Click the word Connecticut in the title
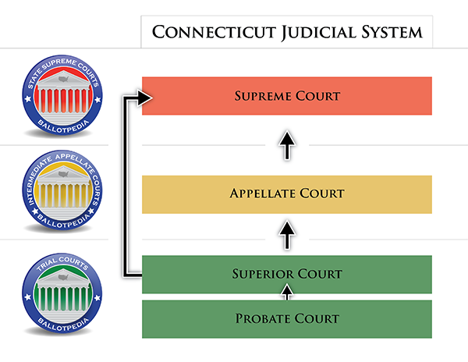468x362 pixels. coord(214,32)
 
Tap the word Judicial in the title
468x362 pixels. coord(319,32)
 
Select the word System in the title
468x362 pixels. coord(392,32)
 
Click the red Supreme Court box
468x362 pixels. coord(287,96)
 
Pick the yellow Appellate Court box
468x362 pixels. coord(287,194)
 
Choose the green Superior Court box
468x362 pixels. coord(287,275)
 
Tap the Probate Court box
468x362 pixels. coord(287,319)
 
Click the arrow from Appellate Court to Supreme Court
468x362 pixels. coord(287,145)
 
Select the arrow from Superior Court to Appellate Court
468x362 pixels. coord(287,235)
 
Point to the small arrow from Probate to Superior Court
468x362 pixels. coord(287,292)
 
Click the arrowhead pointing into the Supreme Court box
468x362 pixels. coord(145,98)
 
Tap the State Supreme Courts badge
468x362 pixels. coord(62,95)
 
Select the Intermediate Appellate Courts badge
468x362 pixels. coord(62,190)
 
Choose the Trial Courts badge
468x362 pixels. coord(62,293)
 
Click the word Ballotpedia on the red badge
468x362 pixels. coord(63,126)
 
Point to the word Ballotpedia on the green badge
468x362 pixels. coord(63,325)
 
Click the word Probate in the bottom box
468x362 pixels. coord(261,318)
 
